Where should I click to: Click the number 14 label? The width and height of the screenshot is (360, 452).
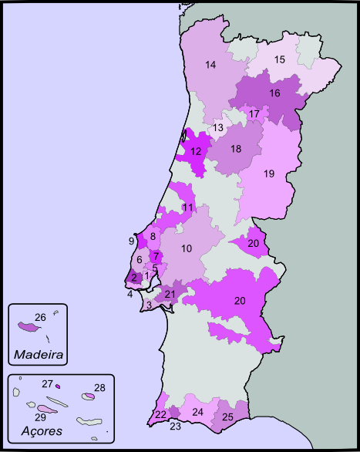(x=210, y=65)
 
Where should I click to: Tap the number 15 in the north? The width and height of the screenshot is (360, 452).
(x=280, y=59)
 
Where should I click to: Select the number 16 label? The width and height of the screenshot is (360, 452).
(x=274, y=93)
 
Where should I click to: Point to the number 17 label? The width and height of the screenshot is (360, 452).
(x=254, y=114)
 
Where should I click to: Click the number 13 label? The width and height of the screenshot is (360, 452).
(x=218, y=127)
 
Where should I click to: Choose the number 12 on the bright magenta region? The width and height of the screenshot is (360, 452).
(x=196, y=151)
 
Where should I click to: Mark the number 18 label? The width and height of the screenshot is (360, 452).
(x=236, y=148)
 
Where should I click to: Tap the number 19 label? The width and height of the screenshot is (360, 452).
(x=268, y=174)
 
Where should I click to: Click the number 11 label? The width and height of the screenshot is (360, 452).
(x=187, y=207)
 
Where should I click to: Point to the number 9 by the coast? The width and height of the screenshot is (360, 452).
(x=132, y=241)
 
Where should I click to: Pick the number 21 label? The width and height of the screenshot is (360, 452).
(x=170, y=294)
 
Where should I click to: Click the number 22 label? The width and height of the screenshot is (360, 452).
(x=160, y=414)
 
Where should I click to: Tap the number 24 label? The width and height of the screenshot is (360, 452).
(x=197, y=412)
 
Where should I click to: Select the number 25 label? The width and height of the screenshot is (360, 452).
(x=227, y=417)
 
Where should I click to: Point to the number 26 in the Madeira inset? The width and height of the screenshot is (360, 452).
(x=40, y=316)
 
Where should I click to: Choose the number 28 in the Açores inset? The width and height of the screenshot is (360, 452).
(x=99, y=387)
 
